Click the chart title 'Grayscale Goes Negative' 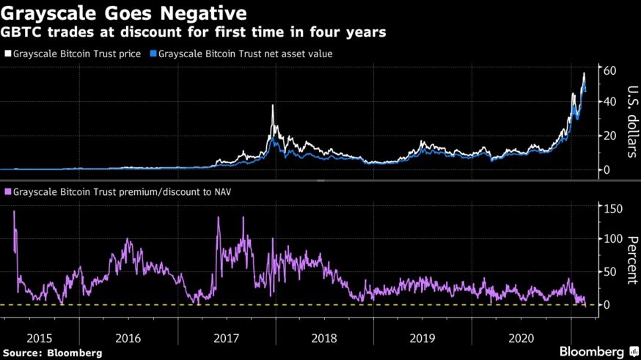point(123,13)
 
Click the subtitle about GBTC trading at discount point(194,33)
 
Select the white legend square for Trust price point(8,54)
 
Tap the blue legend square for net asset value point(153,54)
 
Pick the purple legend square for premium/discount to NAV point(8,192)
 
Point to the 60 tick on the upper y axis point(608,70)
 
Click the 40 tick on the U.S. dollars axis point(608,102)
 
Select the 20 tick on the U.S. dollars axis point(608,136)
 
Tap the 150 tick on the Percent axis point(611,209)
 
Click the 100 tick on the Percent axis point(611,240)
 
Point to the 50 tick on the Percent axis point(608,272)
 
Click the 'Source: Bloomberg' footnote point(51,353)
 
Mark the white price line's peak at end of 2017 point(273,106)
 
